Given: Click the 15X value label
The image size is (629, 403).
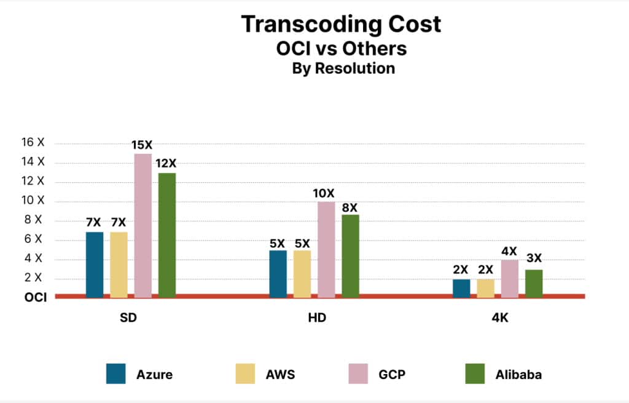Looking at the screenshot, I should [x=142, y=145].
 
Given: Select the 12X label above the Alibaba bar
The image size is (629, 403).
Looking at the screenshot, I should [x=166, y=164].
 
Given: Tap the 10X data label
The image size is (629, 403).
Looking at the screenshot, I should [x=326, y=193].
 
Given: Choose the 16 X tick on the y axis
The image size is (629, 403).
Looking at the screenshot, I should [x=33, y=142].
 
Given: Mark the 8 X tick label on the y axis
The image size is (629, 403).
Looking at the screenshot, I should [x=33, y=220].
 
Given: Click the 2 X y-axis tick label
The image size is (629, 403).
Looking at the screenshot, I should [x=33, y=277].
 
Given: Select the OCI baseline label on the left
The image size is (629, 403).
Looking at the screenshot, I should [x=35, y=297].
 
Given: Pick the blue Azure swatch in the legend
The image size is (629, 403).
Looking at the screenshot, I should [x=115, y=373].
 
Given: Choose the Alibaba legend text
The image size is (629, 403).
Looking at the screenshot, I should [x=518, y=374].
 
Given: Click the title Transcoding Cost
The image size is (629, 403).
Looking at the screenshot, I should [x=341, y=25].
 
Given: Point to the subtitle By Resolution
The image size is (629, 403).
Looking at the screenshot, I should [x=343, y=68].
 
